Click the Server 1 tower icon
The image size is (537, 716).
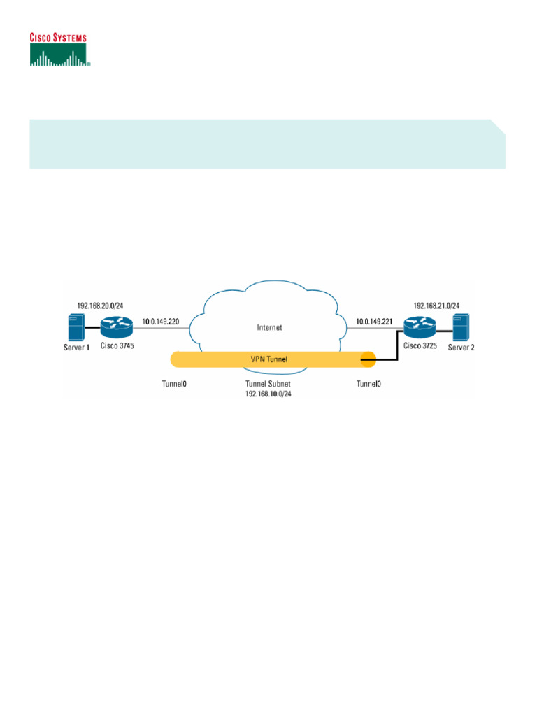pyautogui.click(x=76, y=327)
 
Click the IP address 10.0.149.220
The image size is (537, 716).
pyautogui.click(x=162, y=322)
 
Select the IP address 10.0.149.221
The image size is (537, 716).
pyautogui.click(x=374, y=322)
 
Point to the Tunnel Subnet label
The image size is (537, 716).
pyautogui.click(x=268, y=385)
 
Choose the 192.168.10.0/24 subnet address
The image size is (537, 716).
pyautogui.click(x=268, y=394)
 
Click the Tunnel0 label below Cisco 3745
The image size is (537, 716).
pyautogui.click(x=175, y=385)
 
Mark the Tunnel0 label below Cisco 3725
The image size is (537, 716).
pyautogui.click(x=369, y=385)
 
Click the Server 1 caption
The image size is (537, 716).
pyautogui.click(x=77, y=348)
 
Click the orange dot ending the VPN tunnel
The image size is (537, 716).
pyautogui.click(x=368, y=360)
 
